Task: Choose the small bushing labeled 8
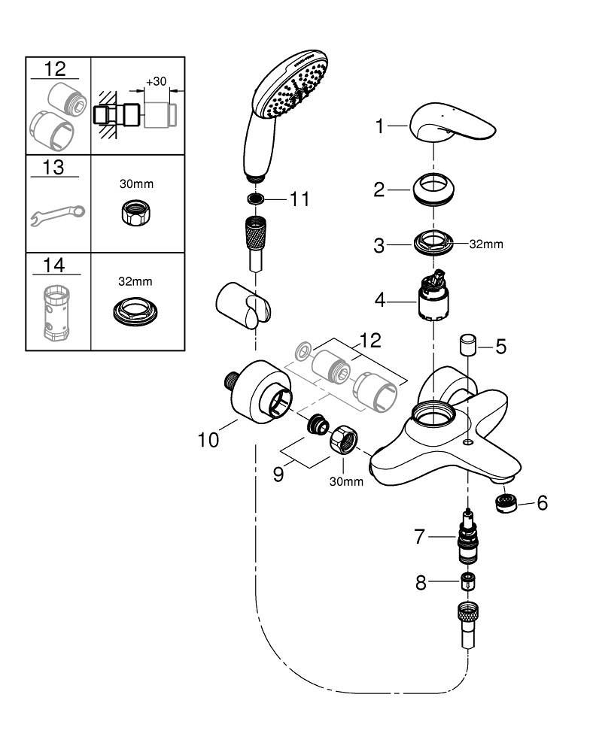[468, 581]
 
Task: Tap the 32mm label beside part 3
[486, 244]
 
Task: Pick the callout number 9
[278, 475]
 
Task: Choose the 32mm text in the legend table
[135, 281]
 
